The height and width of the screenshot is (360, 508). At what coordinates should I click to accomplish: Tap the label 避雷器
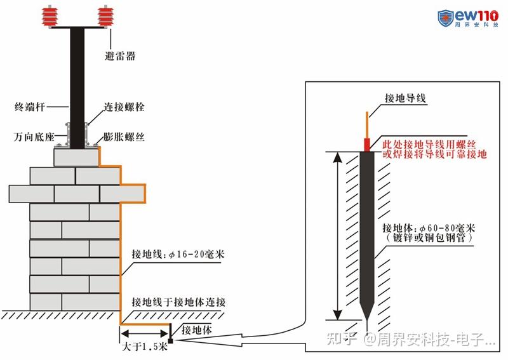pos(120,57)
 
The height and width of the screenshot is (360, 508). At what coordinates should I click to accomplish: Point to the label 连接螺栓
pos(124,107)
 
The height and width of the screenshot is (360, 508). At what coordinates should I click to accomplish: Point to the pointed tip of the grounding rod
pos(367,318)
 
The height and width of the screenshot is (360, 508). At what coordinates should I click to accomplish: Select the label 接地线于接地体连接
pos(178,302)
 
